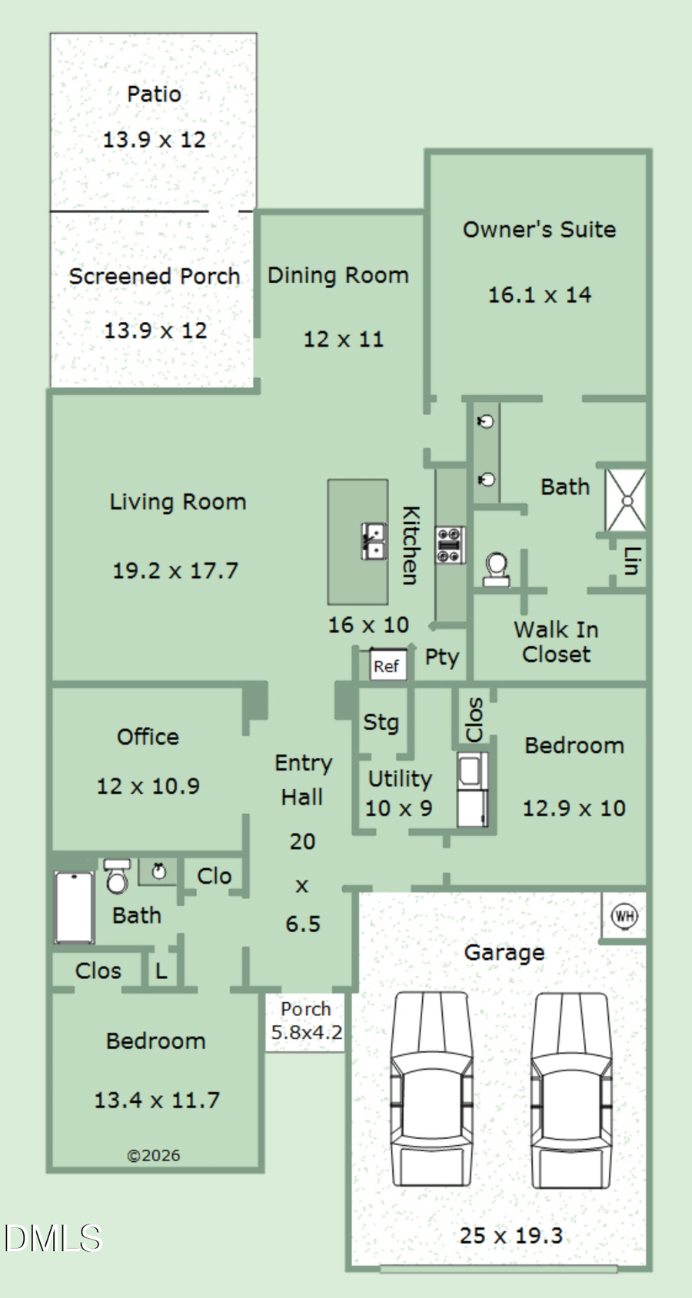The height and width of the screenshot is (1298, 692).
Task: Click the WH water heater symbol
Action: tap(624, 915)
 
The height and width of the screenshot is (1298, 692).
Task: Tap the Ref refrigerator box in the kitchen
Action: tap(388, 666)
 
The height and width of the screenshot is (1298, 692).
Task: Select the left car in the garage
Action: tap(431, 1089)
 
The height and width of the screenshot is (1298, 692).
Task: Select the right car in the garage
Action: tap(571, 1090)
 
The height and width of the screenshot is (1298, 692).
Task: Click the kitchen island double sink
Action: tap(374, 541)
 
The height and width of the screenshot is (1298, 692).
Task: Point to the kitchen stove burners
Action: tap(451, 545)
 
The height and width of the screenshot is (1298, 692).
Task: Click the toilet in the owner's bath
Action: tap(497, 569)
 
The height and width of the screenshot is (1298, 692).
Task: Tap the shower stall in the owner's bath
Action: tap(626, 500)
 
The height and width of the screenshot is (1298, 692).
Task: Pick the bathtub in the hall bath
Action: tap(74, 908)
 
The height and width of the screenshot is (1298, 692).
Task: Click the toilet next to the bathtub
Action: tap(117, 876)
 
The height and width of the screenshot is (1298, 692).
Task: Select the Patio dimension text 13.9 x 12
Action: tap(155, 140)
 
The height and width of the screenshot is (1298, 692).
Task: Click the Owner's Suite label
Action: tap(539, 230)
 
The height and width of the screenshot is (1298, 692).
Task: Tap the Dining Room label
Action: tap(338, 276)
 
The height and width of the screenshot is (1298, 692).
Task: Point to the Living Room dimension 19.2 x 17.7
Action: tap(175, 571)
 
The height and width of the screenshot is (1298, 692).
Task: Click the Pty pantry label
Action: tap(442, 658)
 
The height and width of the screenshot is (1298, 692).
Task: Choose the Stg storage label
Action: tap(381, 723)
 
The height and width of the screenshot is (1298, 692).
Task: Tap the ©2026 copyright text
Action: tap(154, 1156)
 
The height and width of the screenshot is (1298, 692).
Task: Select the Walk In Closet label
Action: tap(557, 642)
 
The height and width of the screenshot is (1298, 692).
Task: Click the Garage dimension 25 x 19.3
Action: tap(511, 1236)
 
